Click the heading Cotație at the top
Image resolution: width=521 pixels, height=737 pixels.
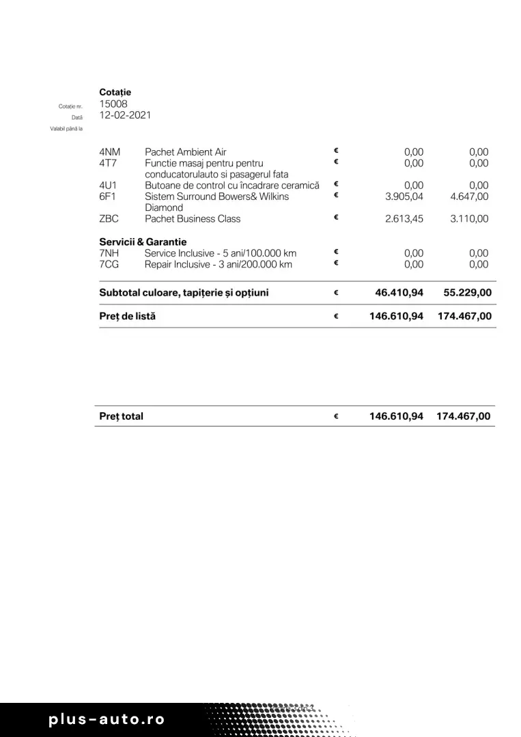tap(115, 92)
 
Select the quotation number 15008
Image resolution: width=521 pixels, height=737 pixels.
tap(113, 104)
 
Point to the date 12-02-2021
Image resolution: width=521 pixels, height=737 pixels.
tap(125, 115)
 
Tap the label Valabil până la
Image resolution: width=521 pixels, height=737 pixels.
tap(66, 128)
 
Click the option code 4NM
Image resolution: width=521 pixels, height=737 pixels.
tap(109, 152)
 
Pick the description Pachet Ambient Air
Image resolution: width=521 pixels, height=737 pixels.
tap(185, 152)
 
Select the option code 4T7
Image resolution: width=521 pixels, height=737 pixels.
tap(108, 163)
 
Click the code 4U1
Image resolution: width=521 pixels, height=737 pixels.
tap(108, 186)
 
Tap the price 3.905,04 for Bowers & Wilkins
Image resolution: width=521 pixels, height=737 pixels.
tap(404, 197)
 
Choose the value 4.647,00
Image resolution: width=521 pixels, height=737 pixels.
tap(469, 197)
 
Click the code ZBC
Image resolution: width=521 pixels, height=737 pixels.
tap(109, 219)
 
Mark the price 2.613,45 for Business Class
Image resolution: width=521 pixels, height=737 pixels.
tap(404, 219)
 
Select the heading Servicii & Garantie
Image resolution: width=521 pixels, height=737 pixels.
tap(143, 242)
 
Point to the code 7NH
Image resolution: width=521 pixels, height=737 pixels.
tap(109, 253)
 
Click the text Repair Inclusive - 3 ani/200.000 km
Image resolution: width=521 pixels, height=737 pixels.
tap(218, 264)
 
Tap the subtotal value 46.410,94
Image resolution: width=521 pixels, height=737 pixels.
tap(399, 293)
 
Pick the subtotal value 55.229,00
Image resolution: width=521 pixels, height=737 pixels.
tap(467, 293)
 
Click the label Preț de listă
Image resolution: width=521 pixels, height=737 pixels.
tap(127, 317)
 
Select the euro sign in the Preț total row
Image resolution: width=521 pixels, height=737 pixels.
tap(336, 416)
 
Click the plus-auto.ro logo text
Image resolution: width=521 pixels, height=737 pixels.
tap(107, 719)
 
